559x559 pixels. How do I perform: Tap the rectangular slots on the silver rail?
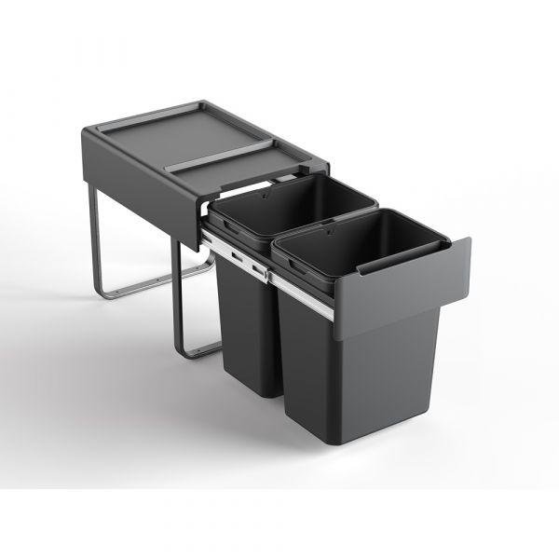pyautogui.click(x=244, y=258)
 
